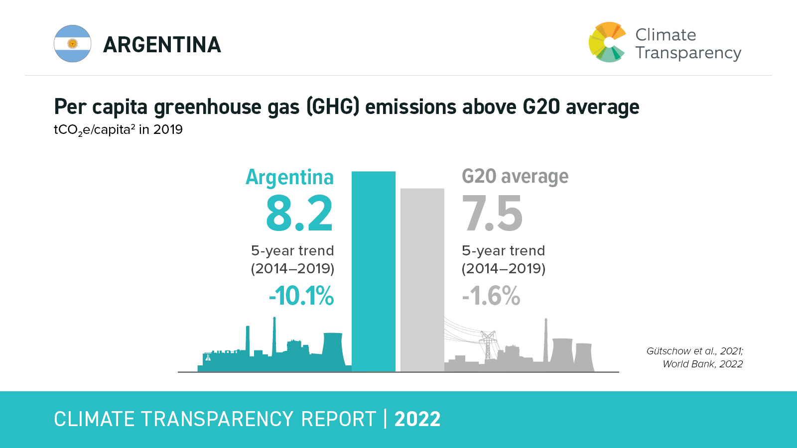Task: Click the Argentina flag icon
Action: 73,44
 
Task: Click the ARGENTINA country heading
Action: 162,45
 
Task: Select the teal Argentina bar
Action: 374,271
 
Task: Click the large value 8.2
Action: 299,214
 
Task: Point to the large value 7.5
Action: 492,214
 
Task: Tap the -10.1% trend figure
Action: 301,296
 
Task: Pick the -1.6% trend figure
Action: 491,296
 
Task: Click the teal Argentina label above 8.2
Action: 289,177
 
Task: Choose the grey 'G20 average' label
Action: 515,177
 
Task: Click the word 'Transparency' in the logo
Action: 688,53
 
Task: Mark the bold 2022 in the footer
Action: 417,419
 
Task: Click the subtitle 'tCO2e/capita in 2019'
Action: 118,130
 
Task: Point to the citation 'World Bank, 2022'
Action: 702,364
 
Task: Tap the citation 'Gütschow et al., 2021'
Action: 694,351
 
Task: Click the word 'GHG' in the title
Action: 333,107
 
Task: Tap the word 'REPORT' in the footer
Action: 338,419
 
